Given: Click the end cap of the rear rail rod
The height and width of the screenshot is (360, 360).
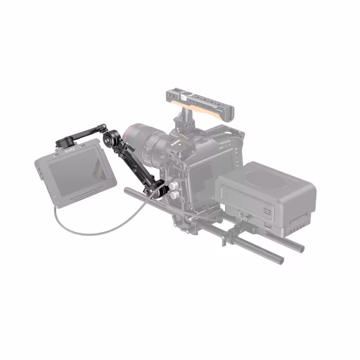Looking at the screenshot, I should (299, 248).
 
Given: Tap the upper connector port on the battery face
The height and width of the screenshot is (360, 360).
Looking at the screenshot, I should (266, 210).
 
